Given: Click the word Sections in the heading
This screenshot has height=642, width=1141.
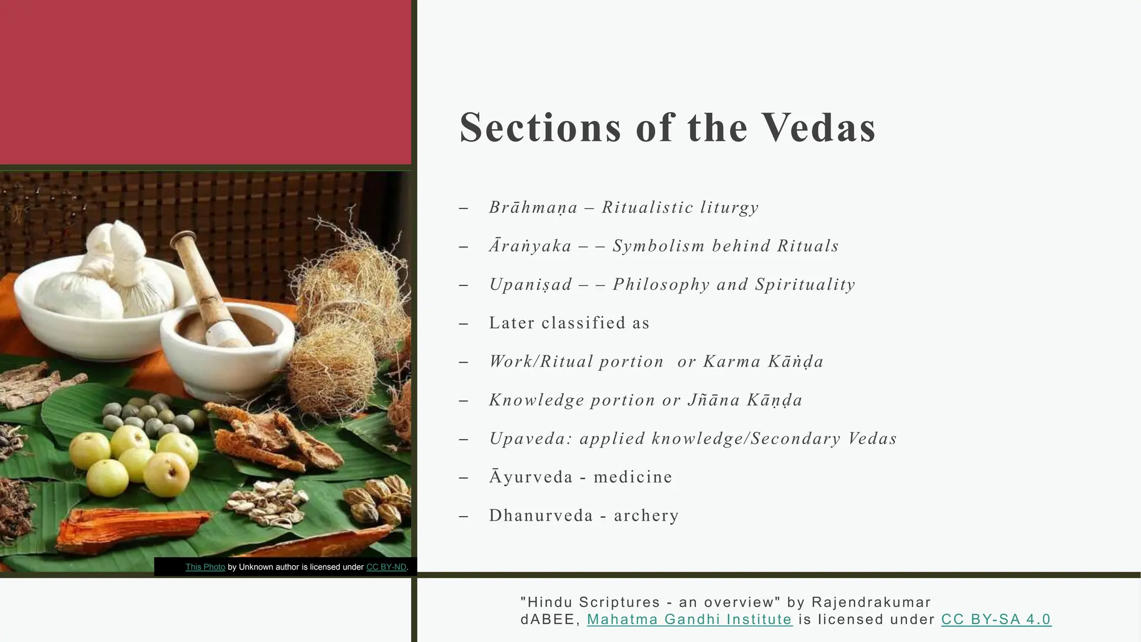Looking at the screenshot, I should (x=540, y=128).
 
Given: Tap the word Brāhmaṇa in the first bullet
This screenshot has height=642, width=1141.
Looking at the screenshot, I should (x=533, y=208).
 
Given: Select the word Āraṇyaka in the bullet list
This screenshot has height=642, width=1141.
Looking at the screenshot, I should (x=530, y=246).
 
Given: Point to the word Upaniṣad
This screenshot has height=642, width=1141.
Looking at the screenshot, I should (x=530, y=285).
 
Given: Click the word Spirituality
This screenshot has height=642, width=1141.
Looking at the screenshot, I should (x=805, y=285).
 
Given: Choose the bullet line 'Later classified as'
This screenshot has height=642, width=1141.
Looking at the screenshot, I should (x=569, y=323).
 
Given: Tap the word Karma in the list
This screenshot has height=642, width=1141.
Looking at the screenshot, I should (x=730, y=362).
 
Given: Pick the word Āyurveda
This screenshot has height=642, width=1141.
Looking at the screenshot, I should (x=530, y=477).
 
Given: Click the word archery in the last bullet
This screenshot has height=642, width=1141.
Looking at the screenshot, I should (x=646, y=515).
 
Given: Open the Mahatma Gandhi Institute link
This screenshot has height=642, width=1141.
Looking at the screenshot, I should (x=689, y=619).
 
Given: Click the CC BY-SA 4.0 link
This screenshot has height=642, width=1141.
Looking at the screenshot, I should (x=996, y=619).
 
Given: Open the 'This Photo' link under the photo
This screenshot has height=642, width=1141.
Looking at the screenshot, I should (x=205, y=567).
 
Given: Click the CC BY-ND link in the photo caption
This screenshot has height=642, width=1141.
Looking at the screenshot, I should (x=386, y=567).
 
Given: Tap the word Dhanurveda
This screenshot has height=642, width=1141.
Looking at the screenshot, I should (x=541, y=515).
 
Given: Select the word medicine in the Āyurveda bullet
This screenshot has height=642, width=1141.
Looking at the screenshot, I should (x=633, y=477).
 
